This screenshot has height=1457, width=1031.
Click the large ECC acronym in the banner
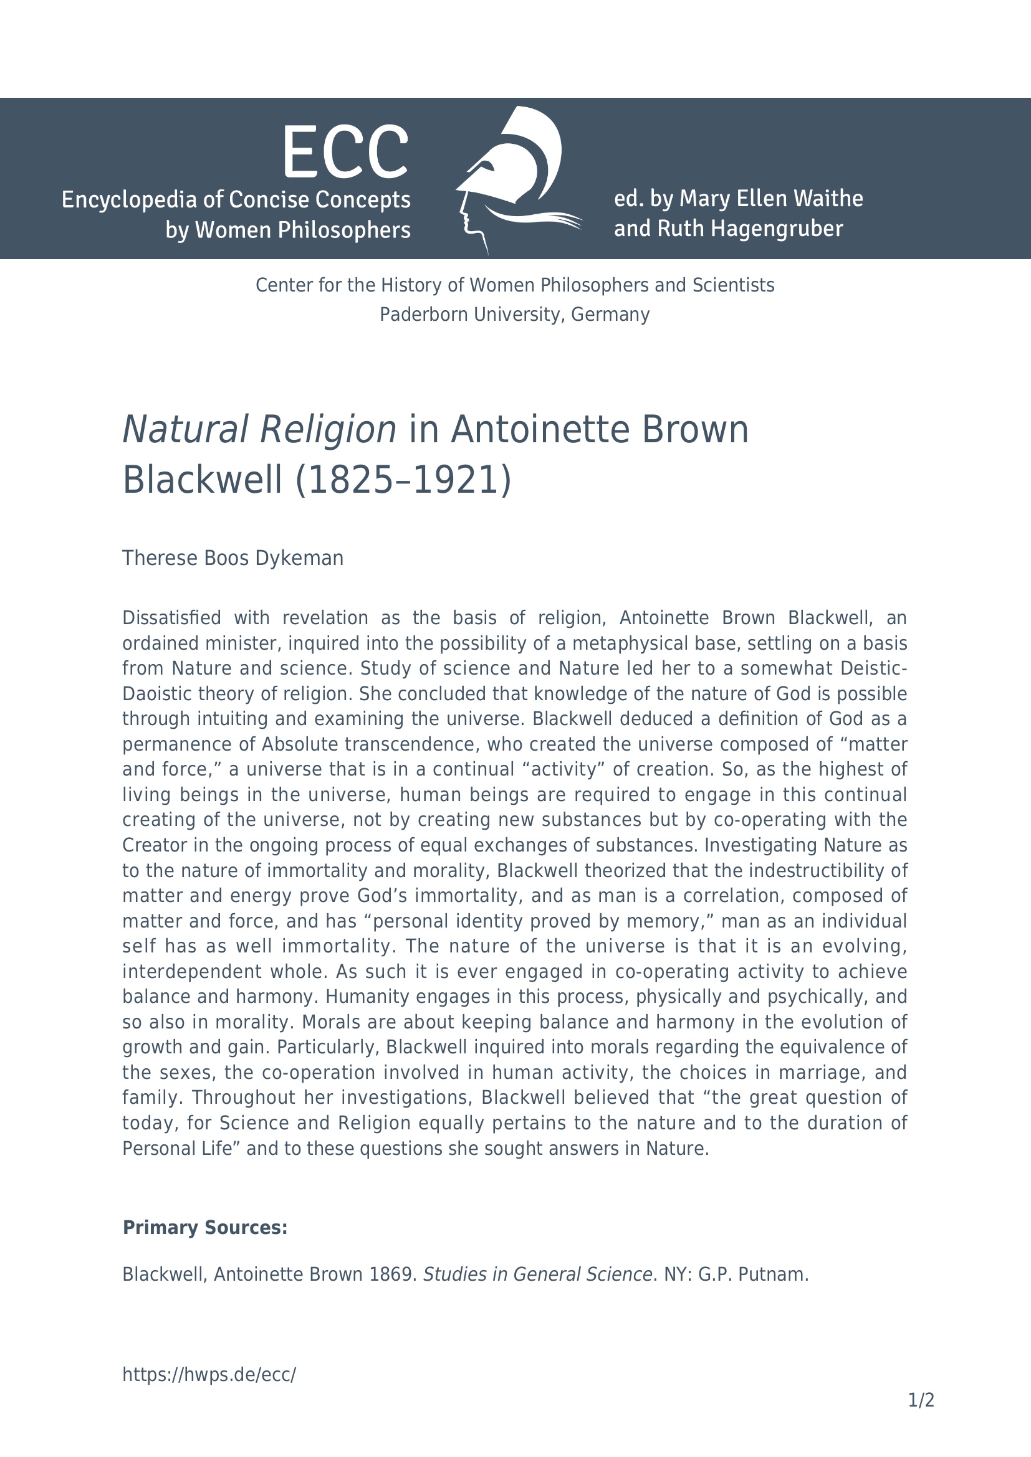coord(345,152)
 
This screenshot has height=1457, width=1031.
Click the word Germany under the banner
coord(610,315)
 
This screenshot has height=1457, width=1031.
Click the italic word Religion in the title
coord(328,430)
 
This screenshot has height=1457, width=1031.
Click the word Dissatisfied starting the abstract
coord(171,617)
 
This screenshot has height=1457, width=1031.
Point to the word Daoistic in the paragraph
coord(158,693)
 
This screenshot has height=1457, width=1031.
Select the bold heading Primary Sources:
coord(205,1228)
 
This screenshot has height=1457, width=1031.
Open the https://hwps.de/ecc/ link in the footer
coord(209,1375)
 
